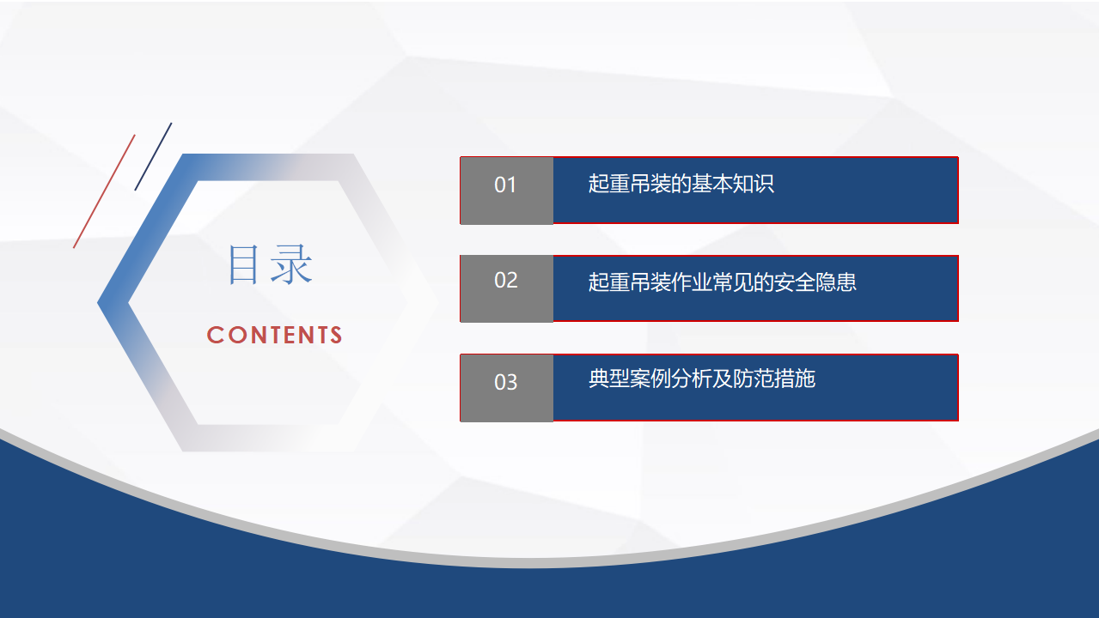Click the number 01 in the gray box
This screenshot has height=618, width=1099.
(x=505, y=185)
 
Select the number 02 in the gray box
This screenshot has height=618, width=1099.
(x=506, y=281)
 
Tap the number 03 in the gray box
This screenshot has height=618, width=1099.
(x=506, y=382)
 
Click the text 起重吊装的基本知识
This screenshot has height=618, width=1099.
(x=681, y=184)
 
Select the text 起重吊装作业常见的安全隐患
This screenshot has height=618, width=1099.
(x=722, y=282)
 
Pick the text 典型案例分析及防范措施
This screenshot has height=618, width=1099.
(x=702, y=379)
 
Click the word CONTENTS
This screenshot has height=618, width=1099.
(x=274, y=336)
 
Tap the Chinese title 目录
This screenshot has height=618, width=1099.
(x=270, y=264)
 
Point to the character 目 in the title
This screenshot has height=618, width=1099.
(x=243, y=264)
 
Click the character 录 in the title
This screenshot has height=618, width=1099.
(x=291, y=264)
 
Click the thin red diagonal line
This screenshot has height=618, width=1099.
(x=104, y=191)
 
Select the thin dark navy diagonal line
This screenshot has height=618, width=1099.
(x=153, y=156)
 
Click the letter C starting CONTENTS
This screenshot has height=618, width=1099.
(x=215, y=336)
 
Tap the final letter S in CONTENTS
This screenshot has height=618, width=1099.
(x=336, y=336)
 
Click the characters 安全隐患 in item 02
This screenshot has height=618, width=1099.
(x=815, y=282)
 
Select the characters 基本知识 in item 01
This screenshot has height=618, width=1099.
(x=733, y=184)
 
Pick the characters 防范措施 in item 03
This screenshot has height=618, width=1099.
(x=774, y=379)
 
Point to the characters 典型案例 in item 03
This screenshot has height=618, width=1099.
(x=630, y=379)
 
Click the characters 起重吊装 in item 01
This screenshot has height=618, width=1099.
(x=630, y=184)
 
